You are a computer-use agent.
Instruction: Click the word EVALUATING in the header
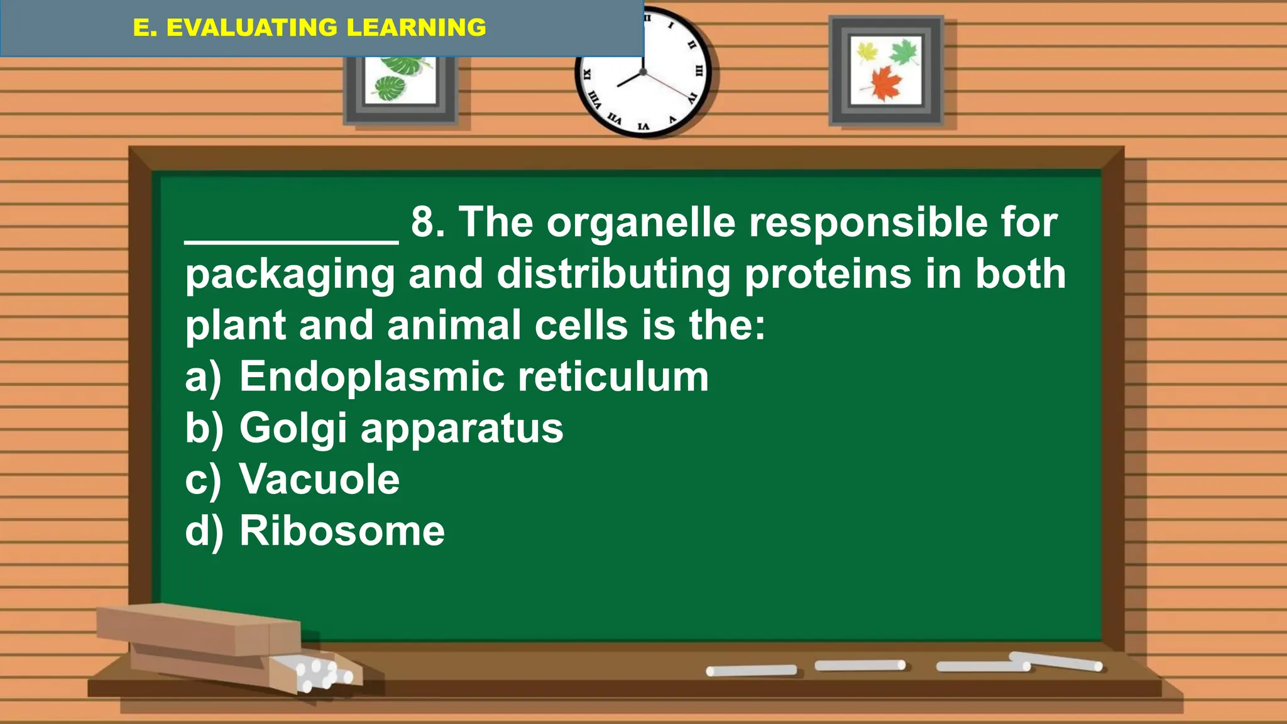coord(252,28)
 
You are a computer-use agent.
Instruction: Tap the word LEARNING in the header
coord(416,28)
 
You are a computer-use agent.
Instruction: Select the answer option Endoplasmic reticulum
coord(474,377)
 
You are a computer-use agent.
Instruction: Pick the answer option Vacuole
coord(319,480)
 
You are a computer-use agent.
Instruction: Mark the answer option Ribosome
coord(342,531)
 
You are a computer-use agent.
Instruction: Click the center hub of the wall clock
coord(643,73)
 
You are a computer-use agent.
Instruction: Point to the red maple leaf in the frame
coord(885,83)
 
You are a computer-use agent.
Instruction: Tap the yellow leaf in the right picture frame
coord(868,52)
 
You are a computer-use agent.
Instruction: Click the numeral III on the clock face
coord(698,71)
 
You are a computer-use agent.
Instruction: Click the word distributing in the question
coord(614,275)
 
